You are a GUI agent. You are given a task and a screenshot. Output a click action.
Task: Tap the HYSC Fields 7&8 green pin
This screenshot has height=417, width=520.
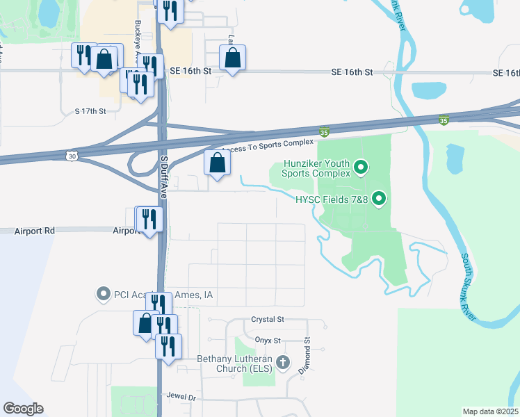point(379,199)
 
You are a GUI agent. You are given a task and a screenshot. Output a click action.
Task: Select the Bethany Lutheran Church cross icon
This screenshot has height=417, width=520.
point(282,362)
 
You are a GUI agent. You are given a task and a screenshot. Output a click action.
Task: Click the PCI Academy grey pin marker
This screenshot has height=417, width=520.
point(104,294)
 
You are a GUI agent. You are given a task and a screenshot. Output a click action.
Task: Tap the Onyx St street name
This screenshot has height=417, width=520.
point(267,341)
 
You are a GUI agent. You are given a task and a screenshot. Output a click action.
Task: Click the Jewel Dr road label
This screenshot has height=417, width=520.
point(181,395)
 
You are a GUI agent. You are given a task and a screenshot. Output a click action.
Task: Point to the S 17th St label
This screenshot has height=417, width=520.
point(91,111)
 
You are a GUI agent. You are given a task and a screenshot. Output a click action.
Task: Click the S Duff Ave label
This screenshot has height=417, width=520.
point(165,177)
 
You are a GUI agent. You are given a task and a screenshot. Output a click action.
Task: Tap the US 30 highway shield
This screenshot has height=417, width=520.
point(72,156)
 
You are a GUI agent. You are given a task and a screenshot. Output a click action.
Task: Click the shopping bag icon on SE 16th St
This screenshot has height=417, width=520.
point(233,58)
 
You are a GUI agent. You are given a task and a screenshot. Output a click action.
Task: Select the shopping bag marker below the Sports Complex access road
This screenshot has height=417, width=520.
point(218,164)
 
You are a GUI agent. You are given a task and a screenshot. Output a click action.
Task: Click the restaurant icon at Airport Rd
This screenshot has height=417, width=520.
point(149,220)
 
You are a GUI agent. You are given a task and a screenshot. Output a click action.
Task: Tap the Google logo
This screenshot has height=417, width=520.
point(24,408)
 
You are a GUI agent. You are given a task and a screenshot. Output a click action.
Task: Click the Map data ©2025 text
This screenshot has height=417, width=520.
point(490,411)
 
